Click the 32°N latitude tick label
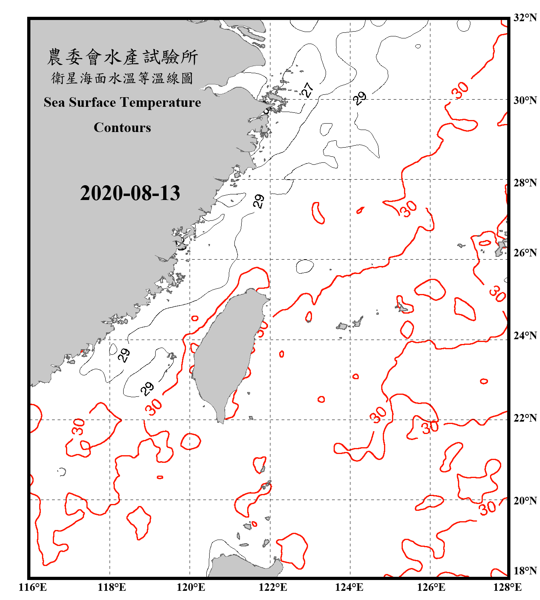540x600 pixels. pos(525,18)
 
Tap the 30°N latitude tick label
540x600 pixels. pos(525,100)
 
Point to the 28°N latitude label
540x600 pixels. pos(525,183)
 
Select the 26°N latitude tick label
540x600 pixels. pos(525,253)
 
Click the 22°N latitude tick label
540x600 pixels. pos(525,418)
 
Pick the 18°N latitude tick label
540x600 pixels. pos(525,571)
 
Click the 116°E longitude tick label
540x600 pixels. pos(33,587)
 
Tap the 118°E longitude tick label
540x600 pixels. pos(112,587)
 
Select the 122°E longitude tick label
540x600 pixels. pos(273,587)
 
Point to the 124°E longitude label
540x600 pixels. pos(349,587)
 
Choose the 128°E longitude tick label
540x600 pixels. pos(507,587)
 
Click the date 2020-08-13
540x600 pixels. pos(130,193)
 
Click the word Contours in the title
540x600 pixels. pos(122,128)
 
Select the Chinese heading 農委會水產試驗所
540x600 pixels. pos(122,57)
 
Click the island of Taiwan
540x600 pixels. pos(226,352)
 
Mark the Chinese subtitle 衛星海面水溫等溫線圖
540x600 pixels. pos(122,78)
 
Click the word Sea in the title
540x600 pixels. pos(54,102)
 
